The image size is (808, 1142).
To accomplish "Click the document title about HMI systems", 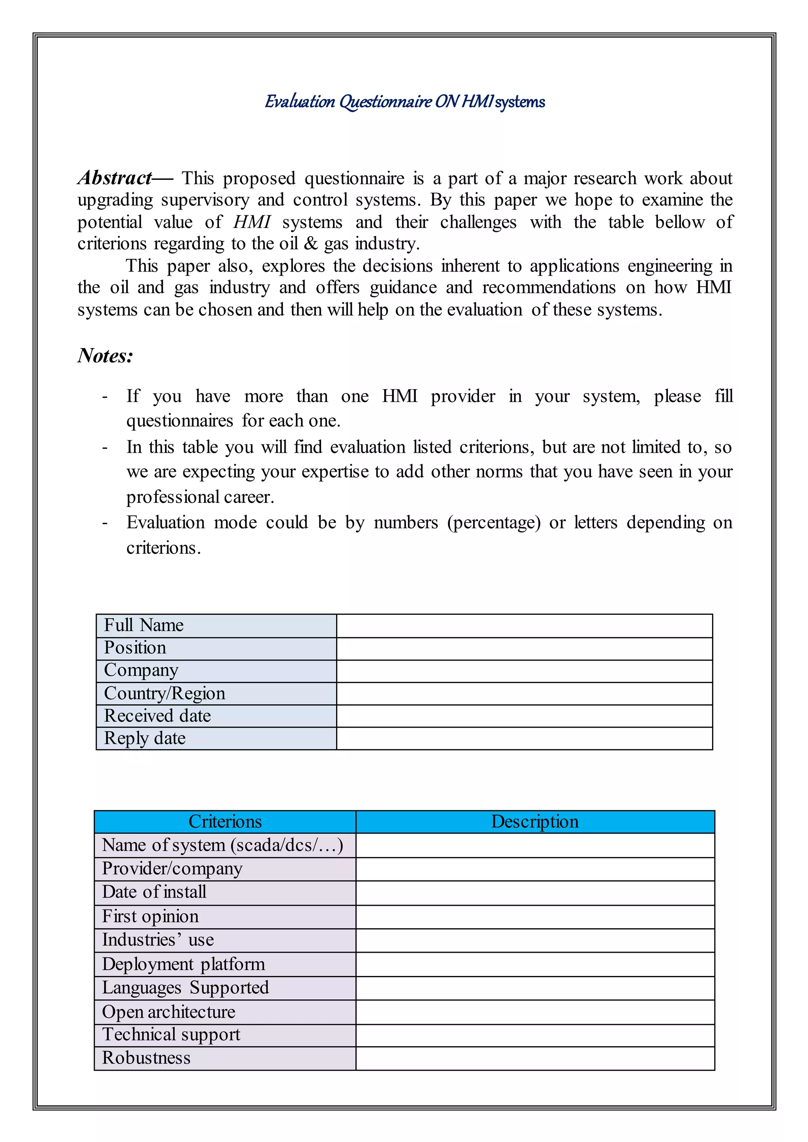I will [404, 101].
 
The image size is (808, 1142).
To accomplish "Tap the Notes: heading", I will [105, 356].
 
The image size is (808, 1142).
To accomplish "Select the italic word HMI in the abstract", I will [252, 222].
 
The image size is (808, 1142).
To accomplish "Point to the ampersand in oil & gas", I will [311, 244].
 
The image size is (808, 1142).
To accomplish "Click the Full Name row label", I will [144, 625].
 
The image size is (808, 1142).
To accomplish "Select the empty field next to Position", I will [524, 649].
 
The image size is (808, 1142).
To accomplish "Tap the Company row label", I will [141, 670].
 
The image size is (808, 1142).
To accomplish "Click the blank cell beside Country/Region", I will [524, 693].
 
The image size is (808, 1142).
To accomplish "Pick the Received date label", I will [158, 716].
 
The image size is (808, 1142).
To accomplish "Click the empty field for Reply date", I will [524, 738].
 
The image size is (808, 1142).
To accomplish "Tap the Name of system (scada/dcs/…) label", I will [223, 845].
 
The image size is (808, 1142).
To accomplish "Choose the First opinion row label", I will [150, 916].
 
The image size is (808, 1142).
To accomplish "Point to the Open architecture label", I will [169, 1012].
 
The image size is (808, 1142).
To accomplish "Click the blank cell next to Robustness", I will [535, 1058].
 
